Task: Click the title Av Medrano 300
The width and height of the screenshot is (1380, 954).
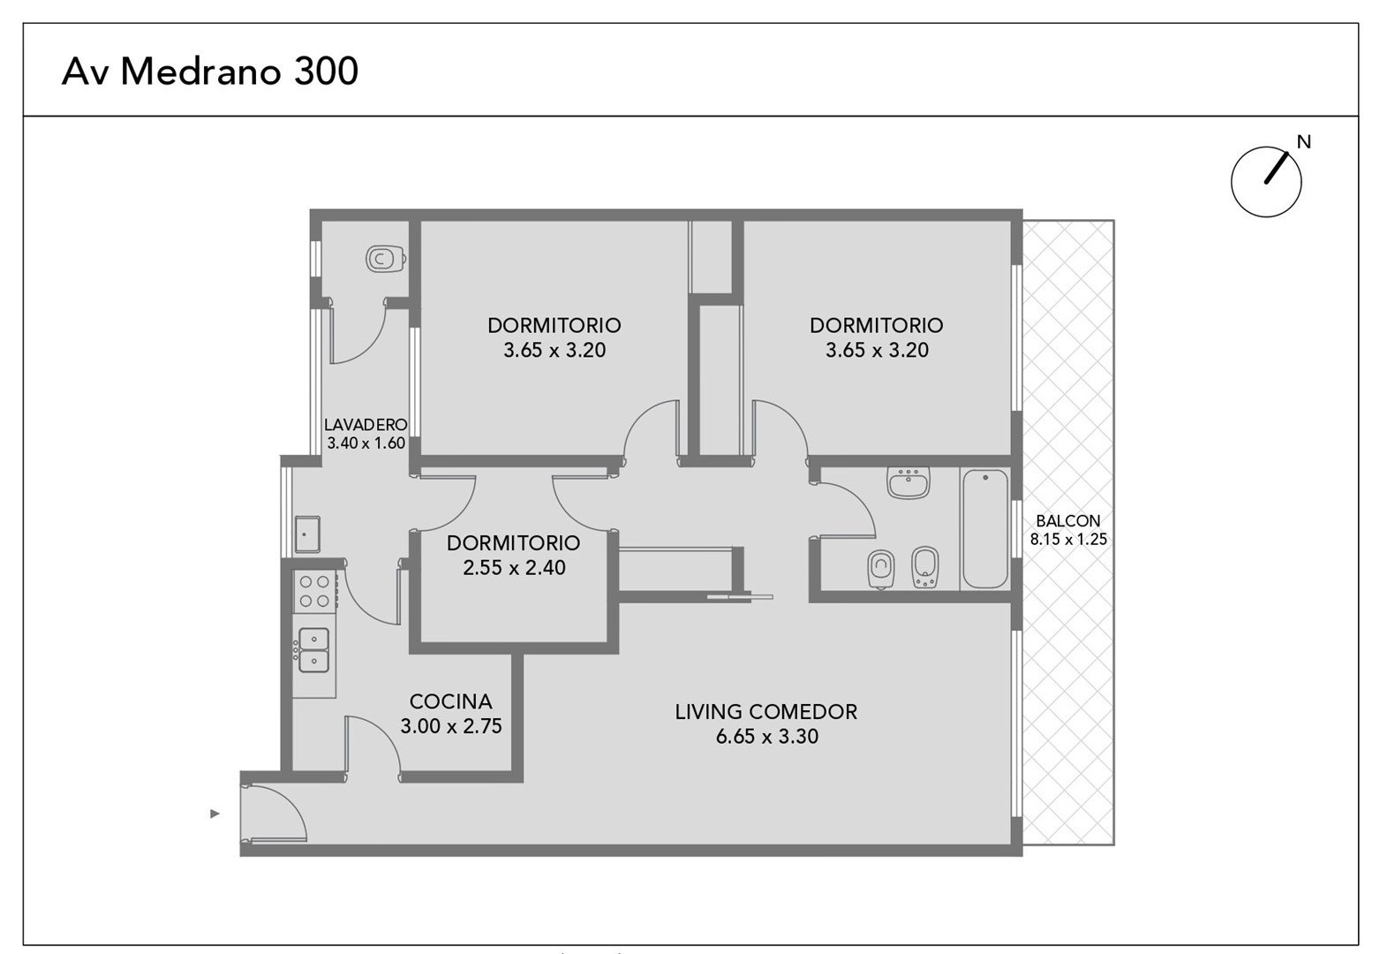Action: (x=209, y=71)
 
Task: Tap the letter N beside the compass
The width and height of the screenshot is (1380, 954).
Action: (x=1303, y=142)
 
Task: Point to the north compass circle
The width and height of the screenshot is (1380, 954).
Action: (x=1266, y=182)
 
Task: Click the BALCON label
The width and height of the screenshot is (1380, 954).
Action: (x=1068, y=521)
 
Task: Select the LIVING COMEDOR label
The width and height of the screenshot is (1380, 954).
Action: (x=765, y=712)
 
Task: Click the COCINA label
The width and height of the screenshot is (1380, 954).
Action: (x=451, y=701)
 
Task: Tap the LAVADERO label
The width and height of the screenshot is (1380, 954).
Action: (x=366, y=425)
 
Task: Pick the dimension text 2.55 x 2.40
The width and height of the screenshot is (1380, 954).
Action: (x=515, y=568)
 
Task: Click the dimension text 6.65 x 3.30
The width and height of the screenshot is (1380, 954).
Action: (x=767, y=737)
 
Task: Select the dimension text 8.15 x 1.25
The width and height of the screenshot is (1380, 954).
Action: (x=1068, y=539)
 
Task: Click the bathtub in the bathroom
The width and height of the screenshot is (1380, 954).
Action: (x=985, y=528)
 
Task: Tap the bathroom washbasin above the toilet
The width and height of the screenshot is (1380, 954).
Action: (x=909, y=482)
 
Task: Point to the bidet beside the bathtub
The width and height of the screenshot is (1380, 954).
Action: (x=924, y=567)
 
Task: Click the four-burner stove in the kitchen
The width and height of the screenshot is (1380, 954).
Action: (x=314, y=591)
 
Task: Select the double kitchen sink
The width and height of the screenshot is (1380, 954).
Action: (x=313, y=650)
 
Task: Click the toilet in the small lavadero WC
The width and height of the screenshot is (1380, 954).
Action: (x=386, y=259)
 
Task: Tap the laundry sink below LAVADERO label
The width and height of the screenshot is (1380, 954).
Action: (x=307, y=534)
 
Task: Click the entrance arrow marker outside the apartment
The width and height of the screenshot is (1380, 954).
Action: (x=215, y=814)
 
